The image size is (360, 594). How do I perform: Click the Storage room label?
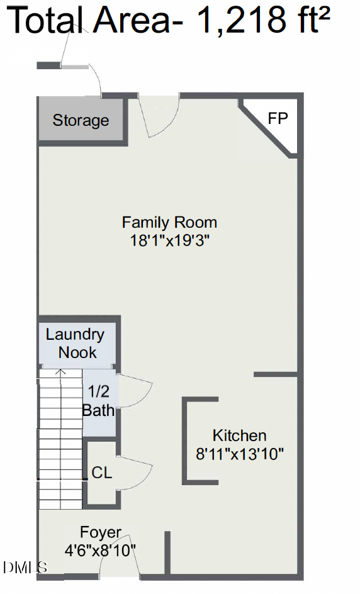(81, 120)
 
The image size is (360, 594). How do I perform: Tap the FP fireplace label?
(278, 118)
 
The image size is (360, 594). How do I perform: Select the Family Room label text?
(169, 222)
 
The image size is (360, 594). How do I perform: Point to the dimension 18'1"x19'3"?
(169, 240)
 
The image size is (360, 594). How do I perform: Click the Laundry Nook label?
(75, 344)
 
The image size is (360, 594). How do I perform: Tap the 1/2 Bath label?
(99, 401)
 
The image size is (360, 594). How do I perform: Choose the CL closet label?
(102, 473)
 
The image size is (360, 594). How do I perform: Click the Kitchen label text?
(239, 435)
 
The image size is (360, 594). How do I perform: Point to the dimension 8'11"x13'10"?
(240, 453)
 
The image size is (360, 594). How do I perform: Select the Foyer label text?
(101, 532)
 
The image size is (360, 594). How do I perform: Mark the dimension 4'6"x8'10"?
(101, 550)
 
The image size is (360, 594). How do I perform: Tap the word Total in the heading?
(47, 21)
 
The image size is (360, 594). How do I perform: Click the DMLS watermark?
(25, 567)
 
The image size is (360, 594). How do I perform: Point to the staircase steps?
(60, 440)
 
